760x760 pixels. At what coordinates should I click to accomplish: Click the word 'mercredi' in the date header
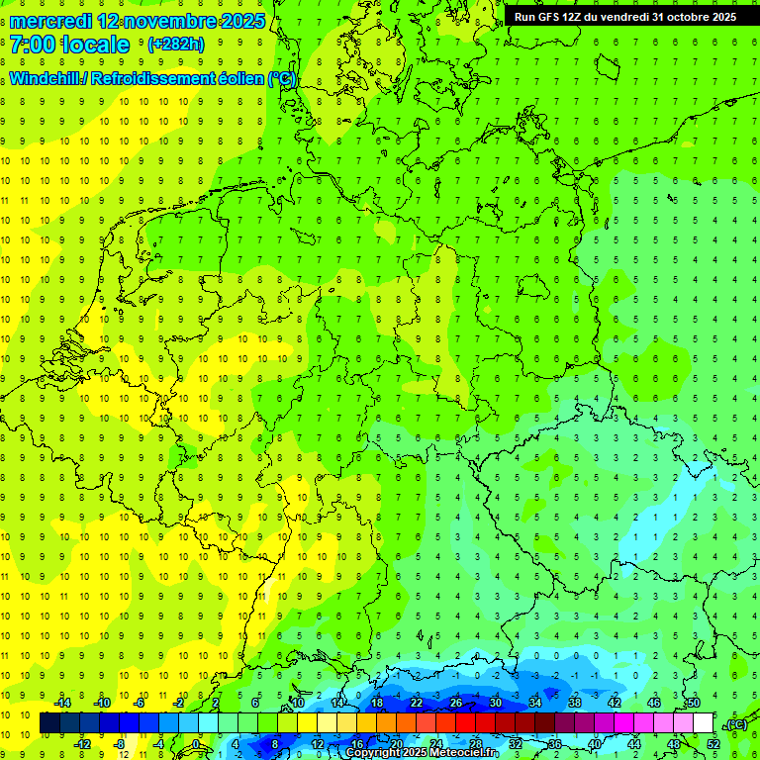[x=50, y=21]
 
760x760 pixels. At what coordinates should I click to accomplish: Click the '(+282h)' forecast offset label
[x=175, y=45]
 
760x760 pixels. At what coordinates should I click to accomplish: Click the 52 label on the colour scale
[x=713, y=743]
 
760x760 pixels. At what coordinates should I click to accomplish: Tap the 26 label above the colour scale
[x=456, y=703]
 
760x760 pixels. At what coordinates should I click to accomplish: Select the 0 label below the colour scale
[x=196, y=743]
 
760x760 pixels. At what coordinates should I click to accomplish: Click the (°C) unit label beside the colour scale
[x=734, y=724]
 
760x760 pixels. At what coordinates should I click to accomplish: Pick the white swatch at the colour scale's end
[x=703, y=723]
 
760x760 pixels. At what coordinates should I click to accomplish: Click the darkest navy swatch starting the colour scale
[x=49, y=723]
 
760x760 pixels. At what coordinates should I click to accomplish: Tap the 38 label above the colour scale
[x=574, y=703]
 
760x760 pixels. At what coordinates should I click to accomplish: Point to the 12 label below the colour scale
[x=318, y=743]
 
